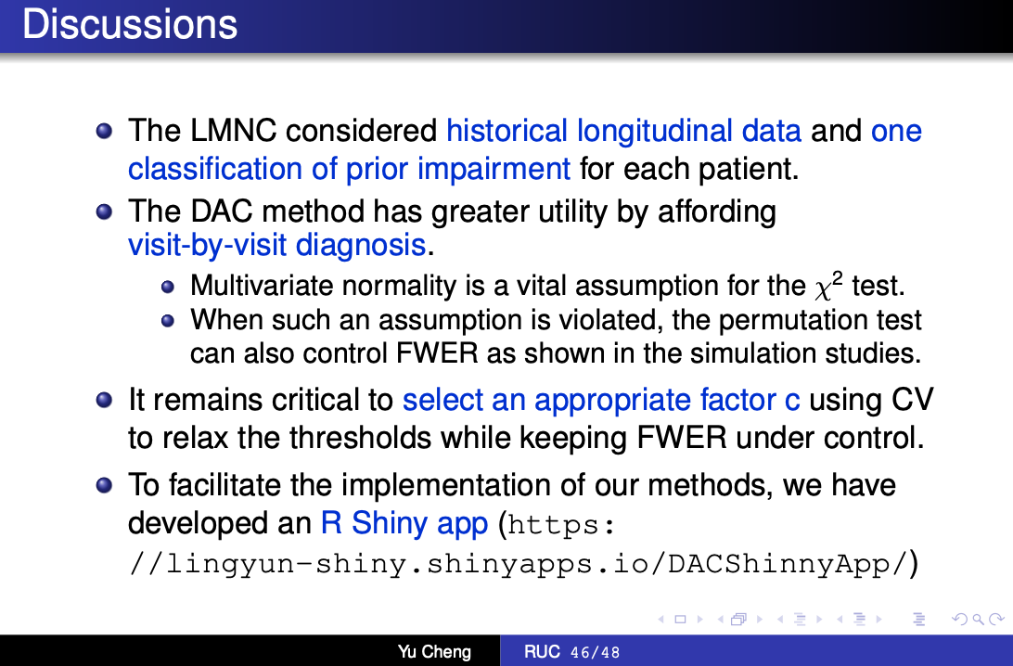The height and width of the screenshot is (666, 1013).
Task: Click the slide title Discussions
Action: click(130, 24)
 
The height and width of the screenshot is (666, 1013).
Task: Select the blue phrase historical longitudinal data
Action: click(624, 132)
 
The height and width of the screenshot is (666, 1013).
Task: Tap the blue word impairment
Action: click(494, 170)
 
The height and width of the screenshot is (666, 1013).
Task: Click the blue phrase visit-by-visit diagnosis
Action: click(277, 246)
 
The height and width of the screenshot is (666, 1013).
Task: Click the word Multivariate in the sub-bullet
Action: click(262, 286)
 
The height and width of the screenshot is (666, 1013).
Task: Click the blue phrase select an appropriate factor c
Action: click(601, 401)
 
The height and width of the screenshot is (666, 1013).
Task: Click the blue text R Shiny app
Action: click(404, 524)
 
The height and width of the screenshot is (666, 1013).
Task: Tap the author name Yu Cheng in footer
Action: click(434, 652)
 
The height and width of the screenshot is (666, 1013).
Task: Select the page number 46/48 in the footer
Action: click(595, 652)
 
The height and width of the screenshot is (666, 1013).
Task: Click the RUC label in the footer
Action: click(542, 652)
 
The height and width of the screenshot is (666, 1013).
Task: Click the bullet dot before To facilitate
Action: click(104, 485)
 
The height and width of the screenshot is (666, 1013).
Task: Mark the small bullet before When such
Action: click(168, 320)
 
